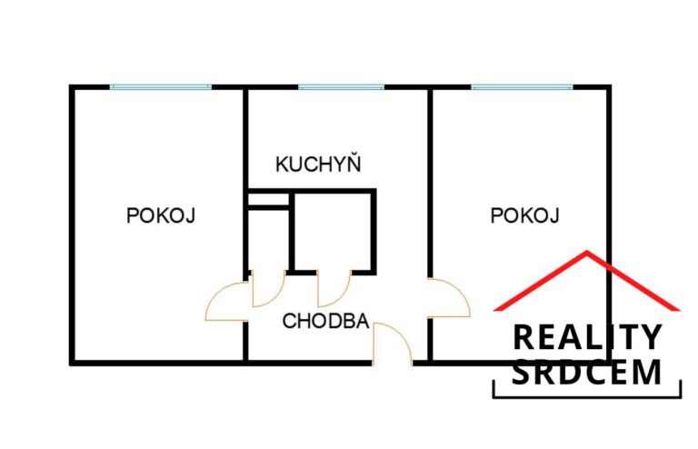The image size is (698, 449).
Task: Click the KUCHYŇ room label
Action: coord(318,164)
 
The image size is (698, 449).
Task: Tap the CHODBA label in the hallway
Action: coord(326,321)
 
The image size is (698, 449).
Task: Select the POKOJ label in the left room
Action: coord(161,215)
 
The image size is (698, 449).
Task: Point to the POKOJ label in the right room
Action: coord(524,215)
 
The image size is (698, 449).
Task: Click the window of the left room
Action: coord(161,87)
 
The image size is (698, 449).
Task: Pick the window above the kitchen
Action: coord(341,87)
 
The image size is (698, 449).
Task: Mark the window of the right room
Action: coord(523,87)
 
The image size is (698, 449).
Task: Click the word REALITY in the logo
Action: coord(587,337)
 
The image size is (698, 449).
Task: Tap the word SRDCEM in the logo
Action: coord(587,372)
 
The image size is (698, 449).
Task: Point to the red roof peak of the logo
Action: coord(587,253)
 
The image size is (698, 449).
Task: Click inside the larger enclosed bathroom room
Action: coord(333,232)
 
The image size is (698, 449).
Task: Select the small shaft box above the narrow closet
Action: coord(268,199)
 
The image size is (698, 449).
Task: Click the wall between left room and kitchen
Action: coord(244,184)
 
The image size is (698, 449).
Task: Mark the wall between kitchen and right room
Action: coord(430,183)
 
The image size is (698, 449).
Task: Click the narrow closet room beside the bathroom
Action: coord(268,239)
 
